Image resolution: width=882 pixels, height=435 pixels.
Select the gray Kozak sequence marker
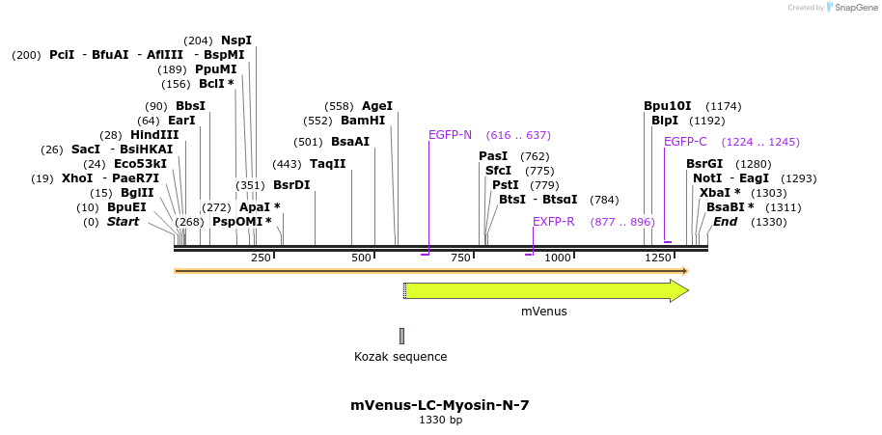pyautogui.click(x=401, y=336)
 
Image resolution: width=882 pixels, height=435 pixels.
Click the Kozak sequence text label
pyautogui.click(x=400, y=357)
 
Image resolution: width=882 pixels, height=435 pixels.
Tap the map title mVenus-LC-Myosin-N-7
pyautogui.click(x=440, y=405)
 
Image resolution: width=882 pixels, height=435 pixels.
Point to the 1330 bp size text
pyautogui.click(x=440, y=421)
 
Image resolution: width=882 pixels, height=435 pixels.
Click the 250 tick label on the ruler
pyautogui.click(x=261, y=258)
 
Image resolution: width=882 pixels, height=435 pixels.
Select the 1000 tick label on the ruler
pyautogui.click(x=558, y=258)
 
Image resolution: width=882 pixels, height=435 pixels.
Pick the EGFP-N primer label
pyautogui.click(x=450, y=135)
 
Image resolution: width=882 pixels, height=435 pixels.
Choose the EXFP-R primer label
pyautogui.click(x=554, y=222)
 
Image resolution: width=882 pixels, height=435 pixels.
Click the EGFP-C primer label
pyautogui.click(x=685, y=142)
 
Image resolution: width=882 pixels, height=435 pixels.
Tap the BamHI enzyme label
pyautogui.click(x=363, y=121)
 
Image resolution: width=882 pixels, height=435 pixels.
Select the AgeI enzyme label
pyautogui.click(x=377, y=106)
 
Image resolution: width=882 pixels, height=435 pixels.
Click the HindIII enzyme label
pyautogui.click(x=154, y=135)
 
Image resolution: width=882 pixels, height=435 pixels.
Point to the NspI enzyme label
pyautogui.click(x=236, y=41)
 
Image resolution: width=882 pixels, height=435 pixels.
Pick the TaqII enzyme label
pyautogui.click(x=328, y=164)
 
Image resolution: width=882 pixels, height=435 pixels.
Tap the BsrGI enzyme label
pyautogui.click(x=704, y=164)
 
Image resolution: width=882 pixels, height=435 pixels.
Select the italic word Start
pyautogui.click(x=123, y=222)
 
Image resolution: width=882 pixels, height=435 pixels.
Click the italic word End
pyautogui.click(x=726, y=222)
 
